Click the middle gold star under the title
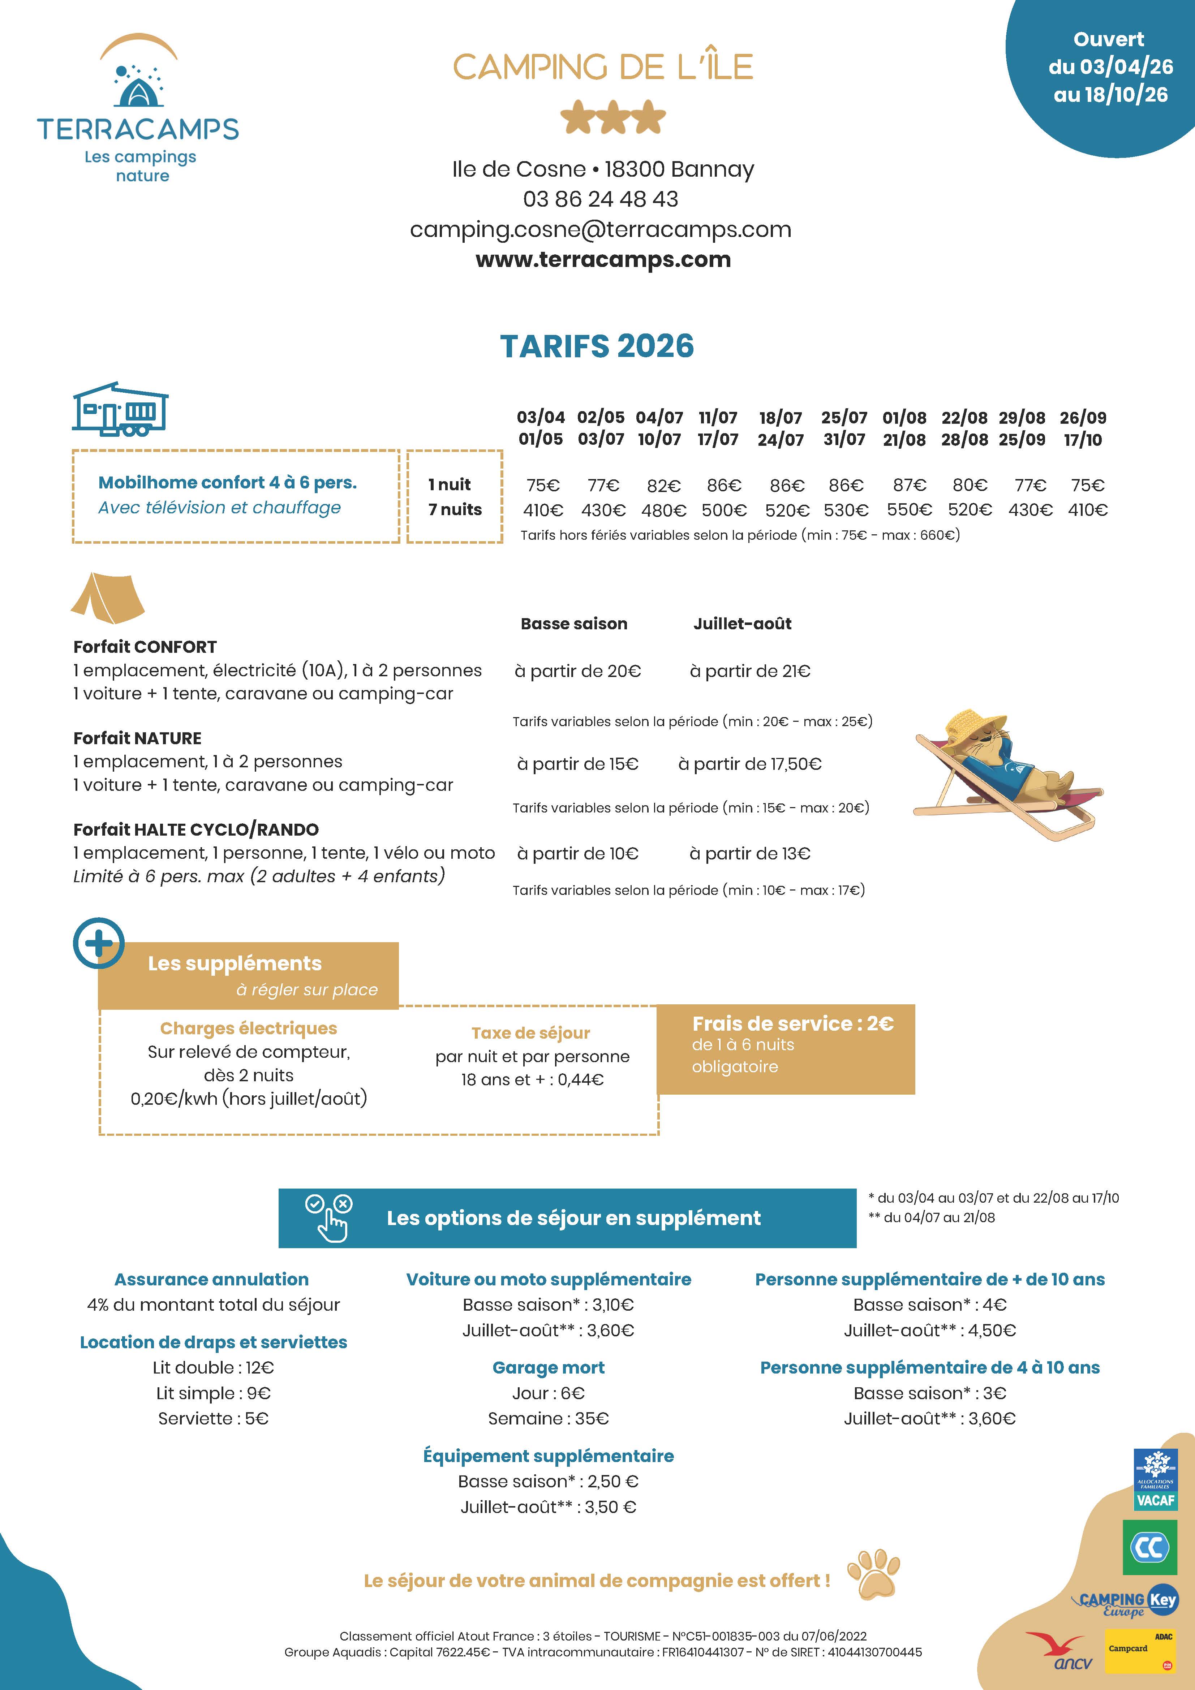point(612,118)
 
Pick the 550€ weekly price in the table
point(908,509)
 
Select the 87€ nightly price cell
point(908,485)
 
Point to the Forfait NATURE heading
point(137,738)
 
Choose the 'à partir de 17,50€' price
point(749,764)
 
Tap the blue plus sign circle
point(99,944)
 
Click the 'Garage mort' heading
point(549,1368)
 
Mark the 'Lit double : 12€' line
point(213,1368)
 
